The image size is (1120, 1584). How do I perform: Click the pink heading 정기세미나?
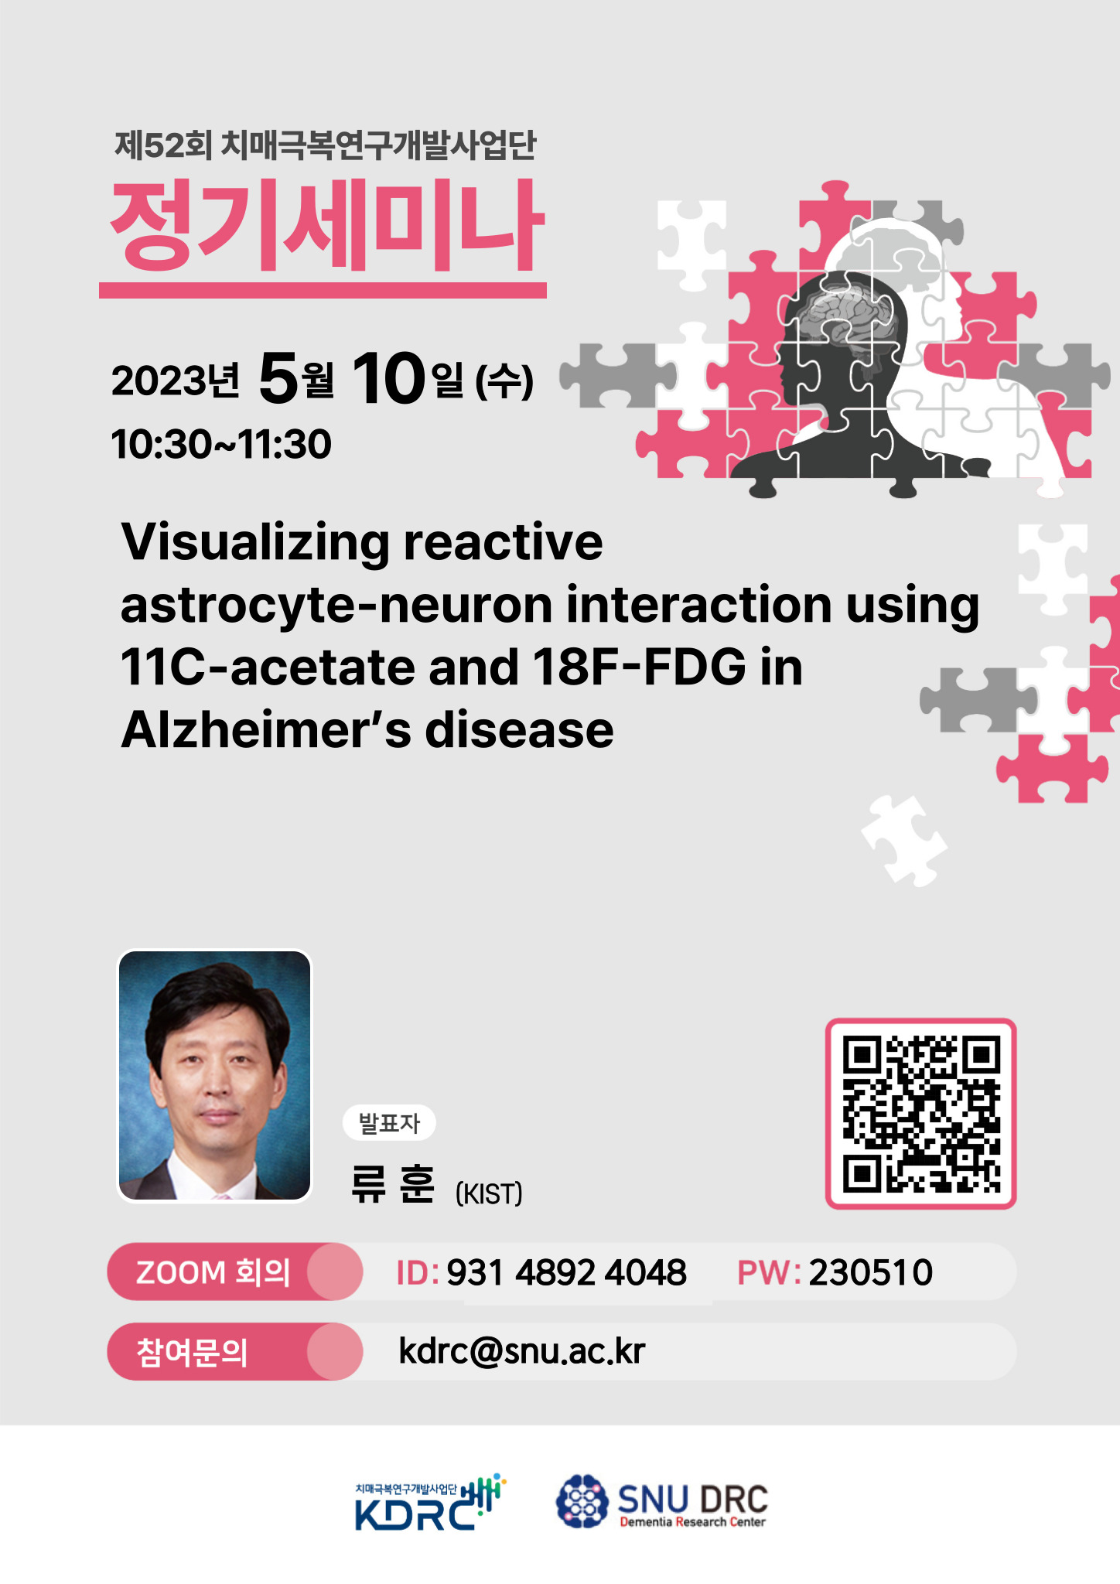pyautogui.click(x=327, y=226)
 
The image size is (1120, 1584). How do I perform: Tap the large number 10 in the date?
pyautogui.click(x=389, y=378)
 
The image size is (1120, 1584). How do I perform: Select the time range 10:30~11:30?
pyautogui.click(x=221, y=445)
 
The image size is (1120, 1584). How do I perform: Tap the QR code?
pyautogui.click(x=920, y=1113)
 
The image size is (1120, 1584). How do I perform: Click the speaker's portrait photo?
pyautogui.click(x=214, y=1075)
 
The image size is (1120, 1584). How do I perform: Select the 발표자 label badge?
pyautogui.click(x=389, y=1123)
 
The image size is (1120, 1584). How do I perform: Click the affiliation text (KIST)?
pyautogui.click(x=489, y=1193)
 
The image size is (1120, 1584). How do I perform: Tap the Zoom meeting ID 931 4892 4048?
pyautogui.click(x=566, y=1272)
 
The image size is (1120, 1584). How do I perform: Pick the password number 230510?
pyautogui.click(x=871, y=1272)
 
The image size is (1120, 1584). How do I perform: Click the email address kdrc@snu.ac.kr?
pyautogui.click(x=522, y=1351)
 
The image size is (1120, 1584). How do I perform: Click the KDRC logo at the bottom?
pyautogui.click(x=430, y=1502)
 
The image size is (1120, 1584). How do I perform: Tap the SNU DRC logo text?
pyautogui.click(x=692, y=1500)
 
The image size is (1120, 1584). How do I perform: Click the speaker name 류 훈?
pyautogui.click(x=393, y=1184)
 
